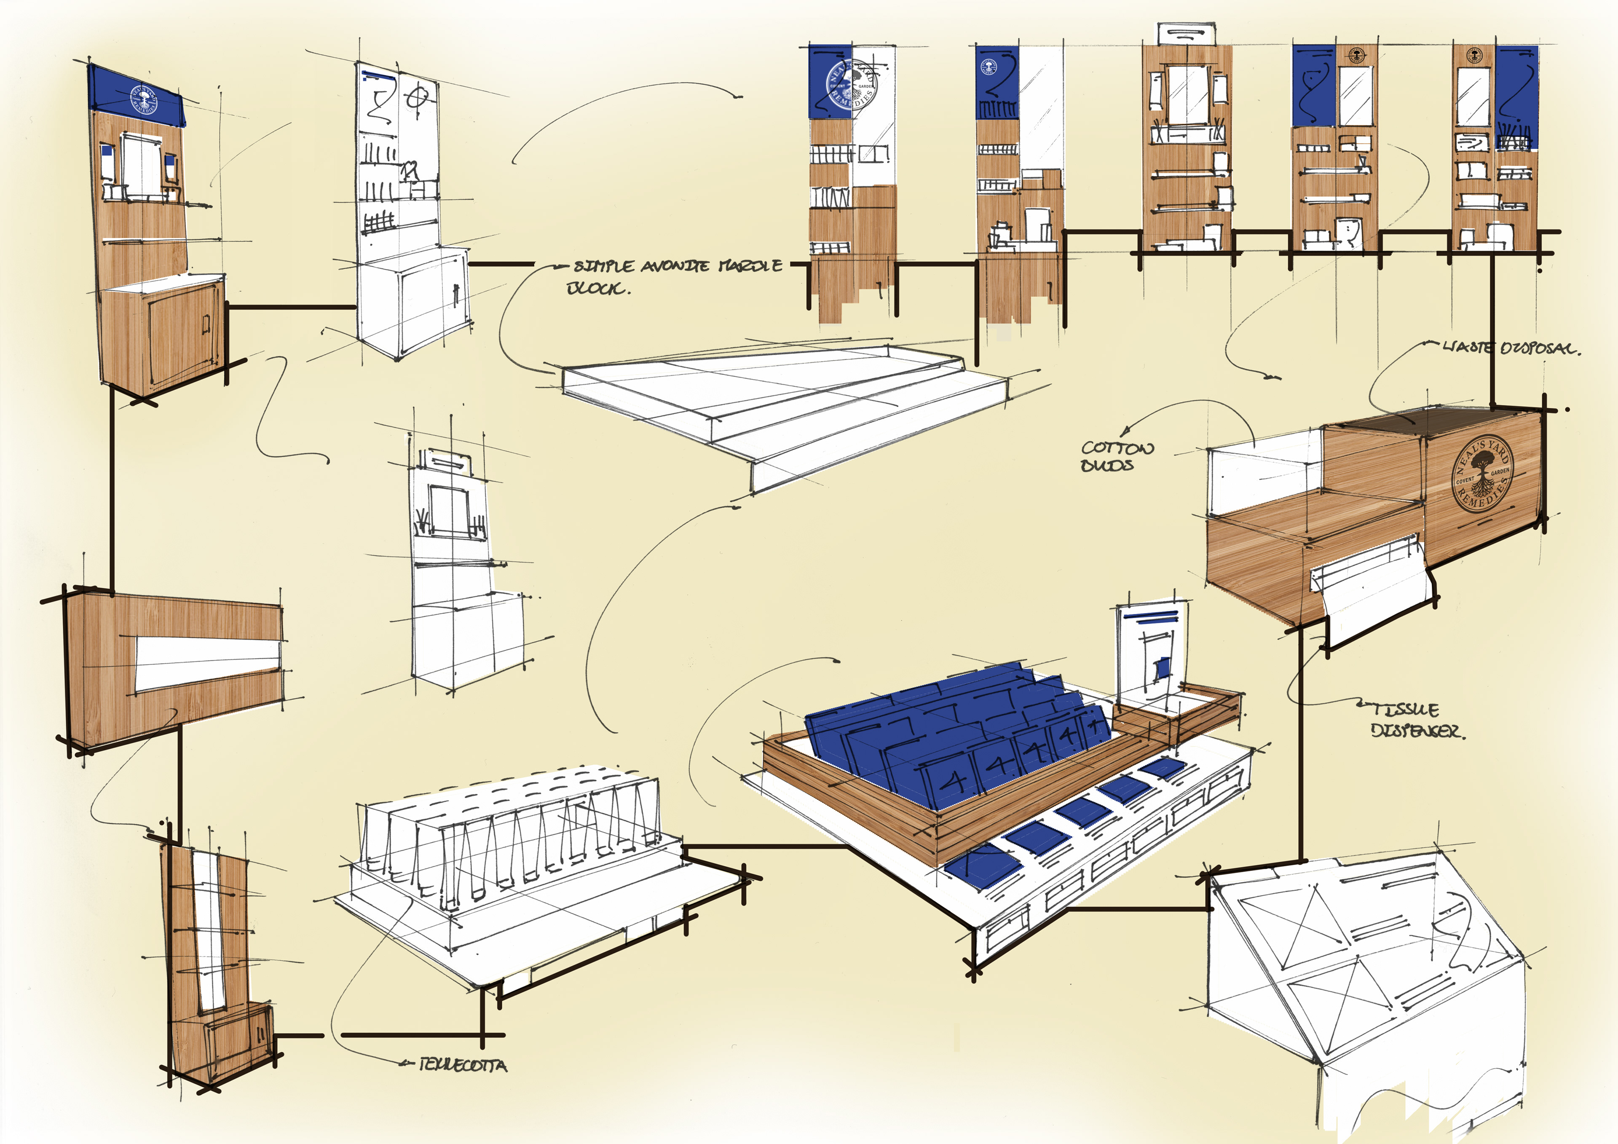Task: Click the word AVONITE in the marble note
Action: tap(675, 266)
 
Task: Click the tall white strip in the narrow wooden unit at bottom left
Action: tap(209, 930)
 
